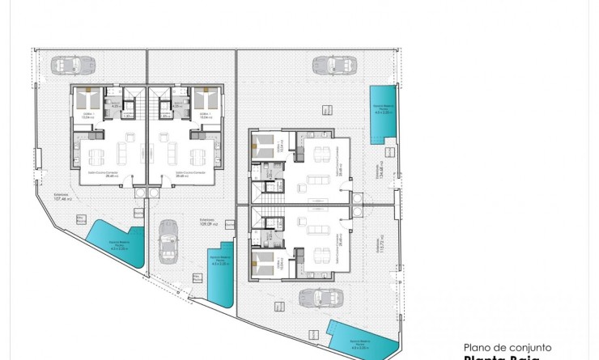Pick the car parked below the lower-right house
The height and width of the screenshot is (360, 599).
316,298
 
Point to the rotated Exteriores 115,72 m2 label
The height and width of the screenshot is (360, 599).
378,247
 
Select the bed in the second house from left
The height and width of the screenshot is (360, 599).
205,101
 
